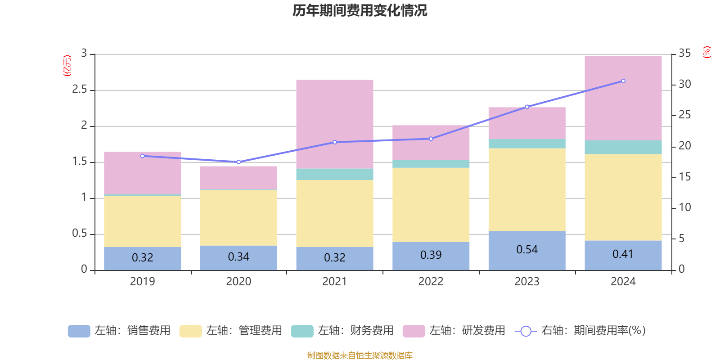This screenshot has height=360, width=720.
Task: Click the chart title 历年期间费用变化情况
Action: point(360,10)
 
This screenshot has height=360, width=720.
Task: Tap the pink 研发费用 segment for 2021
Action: point(334,124)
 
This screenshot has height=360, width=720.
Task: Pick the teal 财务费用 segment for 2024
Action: point(623,147)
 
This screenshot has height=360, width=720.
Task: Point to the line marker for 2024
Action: point(623,81)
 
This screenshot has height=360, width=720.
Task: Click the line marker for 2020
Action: point(238,162)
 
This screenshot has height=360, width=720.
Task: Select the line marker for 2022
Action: point(431,139)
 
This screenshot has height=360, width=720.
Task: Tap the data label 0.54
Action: point(526,250)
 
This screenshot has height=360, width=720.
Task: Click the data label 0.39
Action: point(431,255)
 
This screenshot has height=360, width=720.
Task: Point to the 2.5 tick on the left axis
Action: point(80,90)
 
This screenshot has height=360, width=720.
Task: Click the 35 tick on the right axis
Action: point(684,54)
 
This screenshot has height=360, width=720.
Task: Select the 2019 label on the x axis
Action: point(142,282)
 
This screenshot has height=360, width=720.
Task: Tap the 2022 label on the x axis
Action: point(431,282)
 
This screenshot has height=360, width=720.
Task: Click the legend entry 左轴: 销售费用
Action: point(119,331)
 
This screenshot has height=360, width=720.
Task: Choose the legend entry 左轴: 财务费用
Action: point(342,331)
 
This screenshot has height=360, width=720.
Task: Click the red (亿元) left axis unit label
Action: point(67,66)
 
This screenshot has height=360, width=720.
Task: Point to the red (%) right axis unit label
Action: point(706,52)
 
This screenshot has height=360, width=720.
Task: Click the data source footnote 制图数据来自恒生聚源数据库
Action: point(360,355)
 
